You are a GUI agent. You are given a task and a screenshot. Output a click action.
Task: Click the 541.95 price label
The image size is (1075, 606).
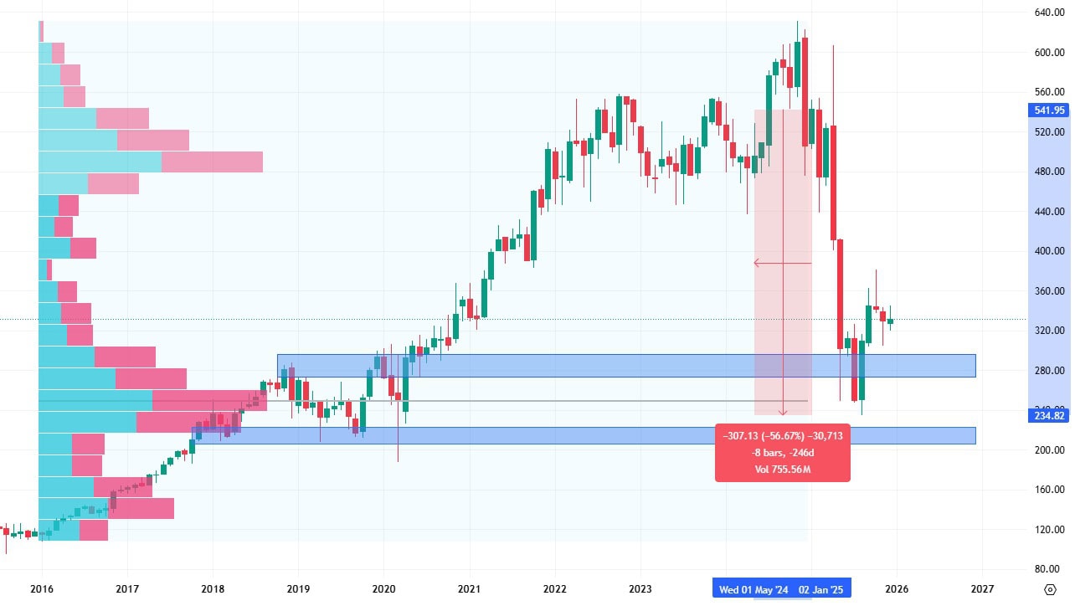coord(1048,110)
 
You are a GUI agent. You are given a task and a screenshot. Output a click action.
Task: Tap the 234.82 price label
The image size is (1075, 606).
coord(1048,416)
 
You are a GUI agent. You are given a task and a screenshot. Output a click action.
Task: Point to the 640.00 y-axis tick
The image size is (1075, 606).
coord(1048,13)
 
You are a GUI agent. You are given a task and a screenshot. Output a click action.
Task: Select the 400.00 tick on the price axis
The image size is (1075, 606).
coord(1048,251)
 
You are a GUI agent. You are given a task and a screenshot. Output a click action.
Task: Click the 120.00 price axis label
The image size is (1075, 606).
coord(1048,530)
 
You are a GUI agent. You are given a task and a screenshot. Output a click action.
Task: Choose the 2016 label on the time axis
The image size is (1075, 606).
coord(42,589)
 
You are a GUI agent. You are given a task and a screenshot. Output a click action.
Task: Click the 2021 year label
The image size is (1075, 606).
coord(469,589)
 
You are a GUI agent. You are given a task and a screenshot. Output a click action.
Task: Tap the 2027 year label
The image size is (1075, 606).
coord(982,589)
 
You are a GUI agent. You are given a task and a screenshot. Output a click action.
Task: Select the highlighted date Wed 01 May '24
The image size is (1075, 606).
coord(754,589)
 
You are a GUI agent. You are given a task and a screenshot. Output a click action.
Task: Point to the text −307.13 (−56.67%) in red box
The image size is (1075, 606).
coord(782,436)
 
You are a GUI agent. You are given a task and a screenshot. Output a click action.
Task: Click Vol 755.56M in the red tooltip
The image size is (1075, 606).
coord(782,470)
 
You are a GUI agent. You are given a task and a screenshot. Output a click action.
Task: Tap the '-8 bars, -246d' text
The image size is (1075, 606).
coord(782,453)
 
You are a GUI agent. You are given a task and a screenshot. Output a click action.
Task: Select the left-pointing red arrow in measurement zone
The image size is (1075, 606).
coord(757,263)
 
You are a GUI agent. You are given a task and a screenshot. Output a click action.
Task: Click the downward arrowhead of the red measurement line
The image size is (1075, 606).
coord(783,412)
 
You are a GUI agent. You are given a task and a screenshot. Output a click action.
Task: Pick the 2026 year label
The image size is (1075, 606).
coord(897,589)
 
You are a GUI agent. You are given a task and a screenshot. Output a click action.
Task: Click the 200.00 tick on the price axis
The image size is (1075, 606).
coord(1048,450)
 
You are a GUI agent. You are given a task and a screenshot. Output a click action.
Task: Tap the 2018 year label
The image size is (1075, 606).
coord(213,589)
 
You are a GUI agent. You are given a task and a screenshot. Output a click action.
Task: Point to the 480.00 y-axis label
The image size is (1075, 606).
coord(1048,172)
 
